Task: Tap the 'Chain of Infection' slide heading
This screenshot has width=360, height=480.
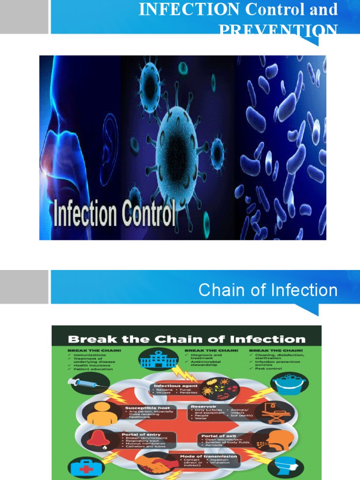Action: click(268, 290)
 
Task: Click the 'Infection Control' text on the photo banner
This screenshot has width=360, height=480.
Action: click(115, 213)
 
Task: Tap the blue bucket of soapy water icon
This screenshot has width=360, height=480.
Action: click(289, 383)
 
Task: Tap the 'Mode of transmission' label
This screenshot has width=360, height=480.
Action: click(208, 456)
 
